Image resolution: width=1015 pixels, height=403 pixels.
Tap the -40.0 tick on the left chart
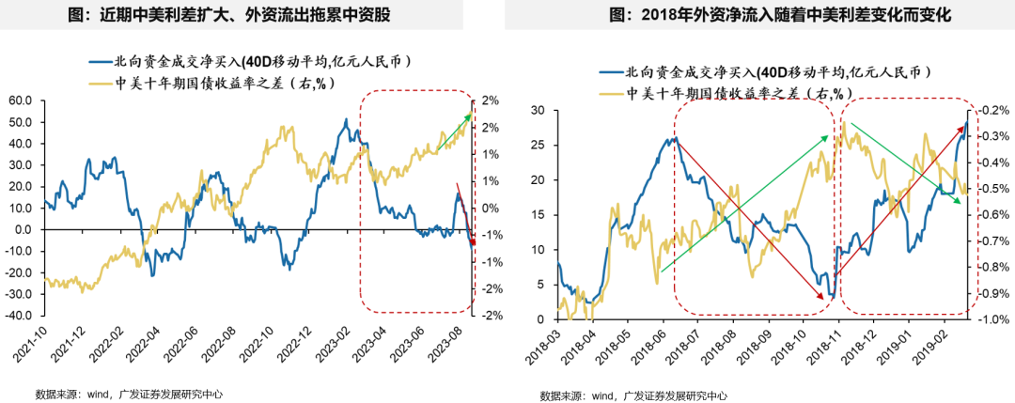[x=20, y=316]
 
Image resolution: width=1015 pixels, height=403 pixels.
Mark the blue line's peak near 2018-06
[x=674, y=138]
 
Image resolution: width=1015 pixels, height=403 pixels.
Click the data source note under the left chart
[x=129, y=394]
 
